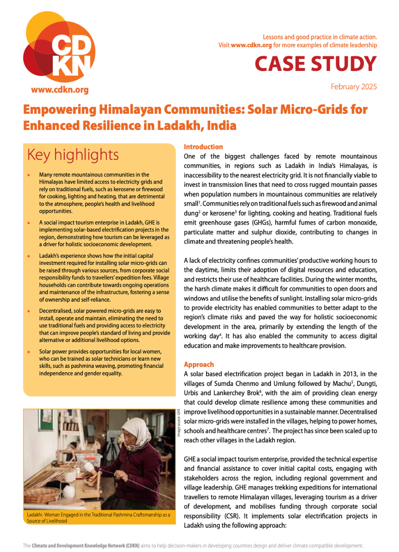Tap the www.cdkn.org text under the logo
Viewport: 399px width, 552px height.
[59, 90]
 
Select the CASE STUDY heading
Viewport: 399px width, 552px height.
[316, 64]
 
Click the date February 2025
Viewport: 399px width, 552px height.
[353, 87]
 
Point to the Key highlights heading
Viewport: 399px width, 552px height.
[73, 155]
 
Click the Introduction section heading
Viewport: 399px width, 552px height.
[203, 147]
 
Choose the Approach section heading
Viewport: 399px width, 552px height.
[199, 364]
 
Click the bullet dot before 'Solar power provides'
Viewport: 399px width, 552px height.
[28, 352]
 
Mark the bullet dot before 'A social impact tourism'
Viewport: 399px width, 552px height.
[28, 223]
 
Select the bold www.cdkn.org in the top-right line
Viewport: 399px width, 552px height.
[251, 45]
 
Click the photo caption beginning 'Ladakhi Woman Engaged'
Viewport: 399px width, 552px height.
[98, 517]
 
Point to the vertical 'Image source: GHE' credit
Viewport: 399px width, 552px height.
[179, 423]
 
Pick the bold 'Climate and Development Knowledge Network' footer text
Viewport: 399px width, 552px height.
[85, 546]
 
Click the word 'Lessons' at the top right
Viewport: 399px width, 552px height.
[273, 37]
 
